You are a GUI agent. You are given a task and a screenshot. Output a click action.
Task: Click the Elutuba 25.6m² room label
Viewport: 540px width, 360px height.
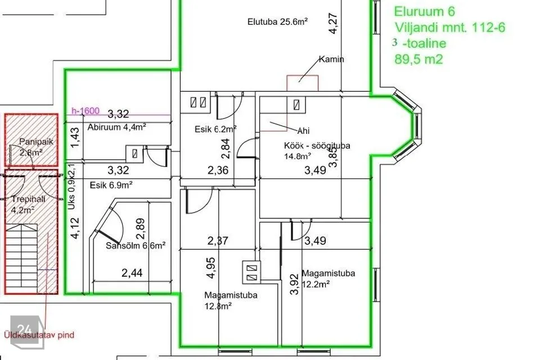point(277,22)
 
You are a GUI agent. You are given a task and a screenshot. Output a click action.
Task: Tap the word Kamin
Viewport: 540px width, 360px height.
point(331,59)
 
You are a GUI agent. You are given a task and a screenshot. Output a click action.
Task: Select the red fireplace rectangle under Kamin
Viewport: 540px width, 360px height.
point(303,83)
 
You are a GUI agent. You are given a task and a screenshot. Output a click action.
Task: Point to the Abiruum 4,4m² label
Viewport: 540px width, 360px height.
point(117,127)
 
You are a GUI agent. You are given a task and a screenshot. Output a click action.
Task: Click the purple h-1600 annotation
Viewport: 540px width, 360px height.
point(85,111)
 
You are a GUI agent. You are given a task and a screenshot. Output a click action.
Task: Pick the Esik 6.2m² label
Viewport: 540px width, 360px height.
point(215,129)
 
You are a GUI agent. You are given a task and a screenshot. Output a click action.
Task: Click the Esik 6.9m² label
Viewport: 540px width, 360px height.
point(111,185)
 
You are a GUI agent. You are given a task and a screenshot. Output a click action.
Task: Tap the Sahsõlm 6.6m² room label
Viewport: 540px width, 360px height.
point(136,246)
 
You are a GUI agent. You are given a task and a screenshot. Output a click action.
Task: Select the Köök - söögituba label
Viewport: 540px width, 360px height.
point(317,151)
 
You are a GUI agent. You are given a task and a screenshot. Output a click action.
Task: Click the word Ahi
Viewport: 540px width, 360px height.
point(303,131)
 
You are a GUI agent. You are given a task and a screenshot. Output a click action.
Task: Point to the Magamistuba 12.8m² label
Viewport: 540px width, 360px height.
point(231,300)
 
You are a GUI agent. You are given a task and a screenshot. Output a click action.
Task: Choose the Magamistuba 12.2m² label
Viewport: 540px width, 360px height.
point(328,278)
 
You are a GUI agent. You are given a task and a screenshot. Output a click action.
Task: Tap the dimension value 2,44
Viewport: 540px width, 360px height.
point(132,273)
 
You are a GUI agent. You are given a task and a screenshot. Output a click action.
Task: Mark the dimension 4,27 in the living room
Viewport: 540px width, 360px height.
point(332,23)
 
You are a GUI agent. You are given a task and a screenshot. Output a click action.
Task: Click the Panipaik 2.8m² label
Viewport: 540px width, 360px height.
point(36,146)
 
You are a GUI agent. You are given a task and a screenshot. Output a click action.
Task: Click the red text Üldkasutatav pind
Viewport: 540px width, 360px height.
point(39,335)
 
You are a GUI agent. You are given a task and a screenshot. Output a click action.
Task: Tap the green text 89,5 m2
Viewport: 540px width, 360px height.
point(418,59)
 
